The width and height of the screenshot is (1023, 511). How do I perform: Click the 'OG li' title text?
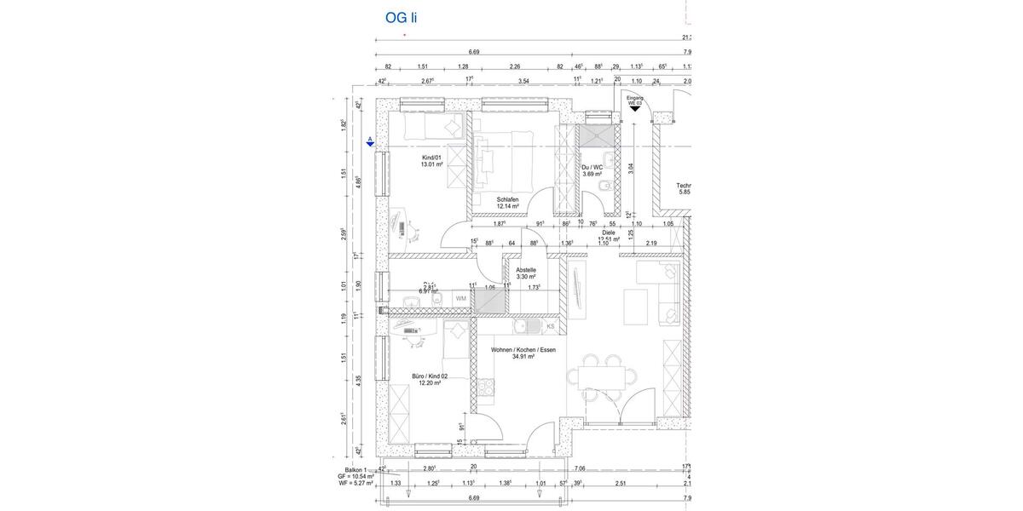[402, 17]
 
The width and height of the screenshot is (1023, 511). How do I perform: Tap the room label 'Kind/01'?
[432, 158]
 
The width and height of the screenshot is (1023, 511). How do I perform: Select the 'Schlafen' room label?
[508, 200]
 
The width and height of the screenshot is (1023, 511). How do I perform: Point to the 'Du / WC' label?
[592, 167]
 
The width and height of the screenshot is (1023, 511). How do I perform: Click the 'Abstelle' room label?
[525, 270]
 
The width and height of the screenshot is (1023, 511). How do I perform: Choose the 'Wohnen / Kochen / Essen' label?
[523, 350]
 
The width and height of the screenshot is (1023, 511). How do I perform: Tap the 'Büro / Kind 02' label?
[429, 376]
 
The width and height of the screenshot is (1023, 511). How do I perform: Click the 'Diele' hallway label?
[608, 232]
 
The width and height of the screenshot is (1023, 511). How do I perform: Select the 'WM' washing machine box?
[460, 299]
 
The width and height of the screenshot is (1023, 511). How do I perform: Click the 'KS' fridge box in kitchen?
[550, 326]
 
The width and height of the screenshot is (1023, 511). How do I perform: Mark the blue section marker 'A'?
[370, 141]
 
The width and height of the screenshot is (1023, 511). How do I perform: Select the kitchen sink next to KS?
[529, 326]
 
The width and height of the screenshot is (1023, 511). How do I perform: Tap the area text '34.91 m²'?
[523, 358]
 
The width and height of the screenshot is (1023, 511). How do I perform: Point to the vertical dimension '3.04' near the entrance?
[631, 168]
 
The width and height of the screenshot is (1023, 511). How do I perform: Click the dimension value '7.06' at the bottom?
[580, 468]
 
